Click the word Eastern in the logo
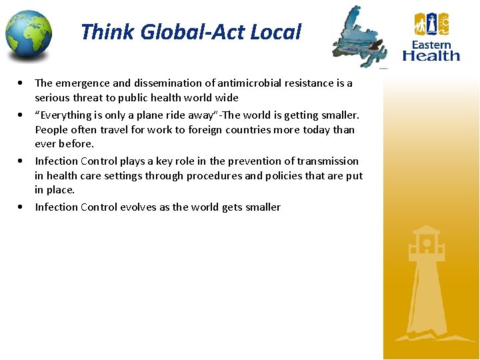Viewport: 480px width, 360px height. (431, 45)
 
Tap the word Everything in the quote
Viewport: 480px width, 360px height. (65, 115)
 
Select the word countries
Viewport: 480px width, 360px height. (245, 130)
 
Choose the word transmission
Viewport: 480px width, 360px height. (328, 161)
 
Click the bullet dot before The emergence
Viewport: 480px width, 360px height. (23, 83)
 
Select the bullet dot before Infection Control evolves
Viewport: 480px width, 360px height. (23, 207)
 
